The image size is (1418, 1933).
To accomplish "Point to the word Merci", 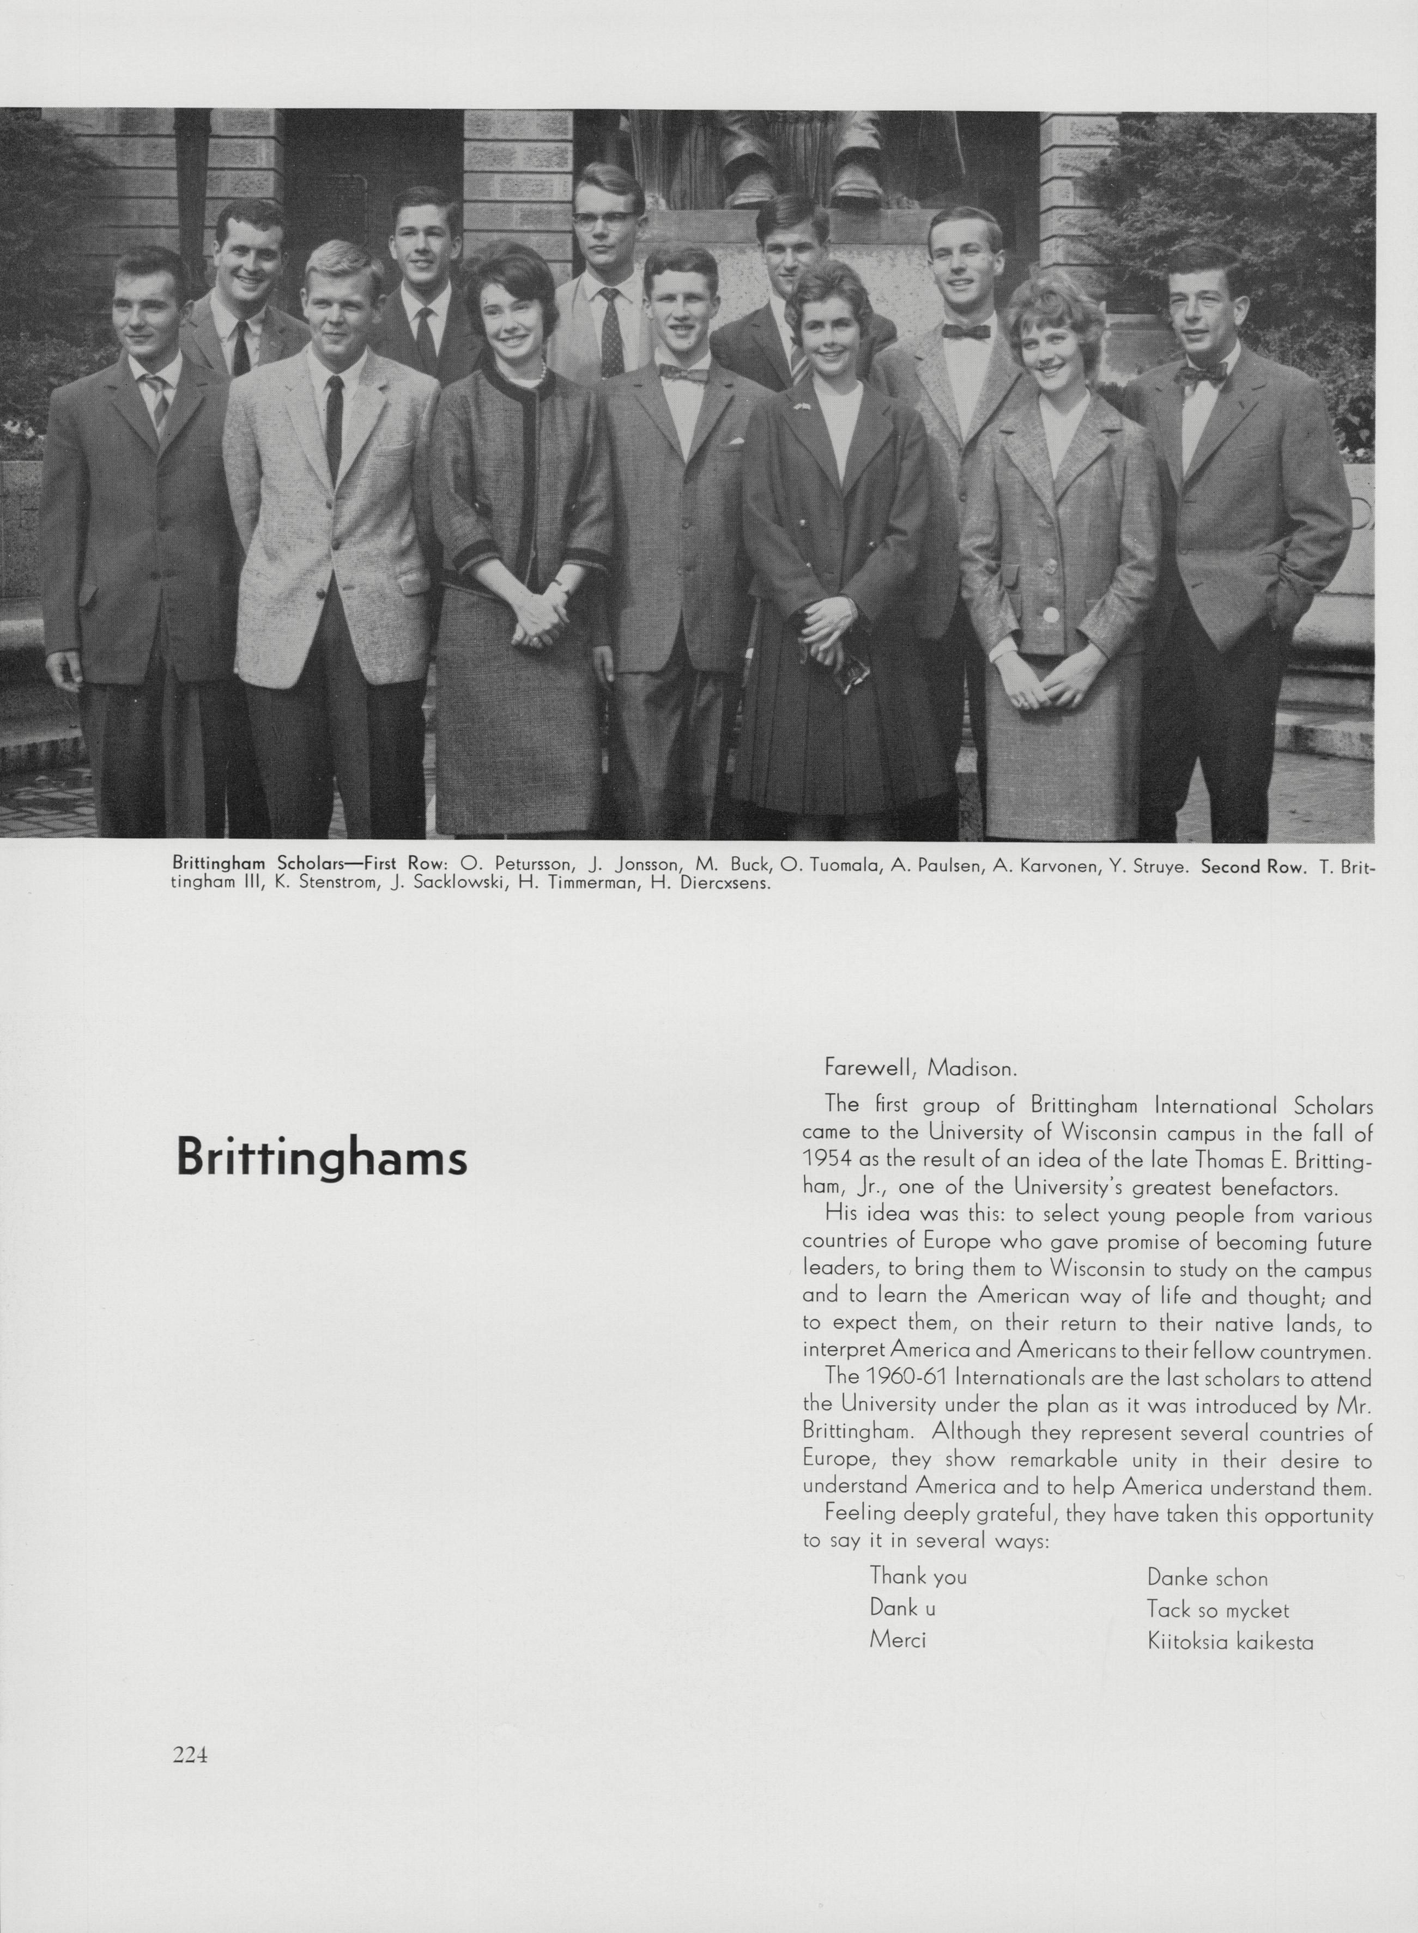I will tap(898, 1639).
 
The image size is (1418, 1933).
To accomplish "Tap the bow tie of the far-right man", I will tap(1201, 373).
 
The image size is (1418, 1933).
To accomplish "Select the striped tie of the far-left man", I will tap(156, 402).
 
